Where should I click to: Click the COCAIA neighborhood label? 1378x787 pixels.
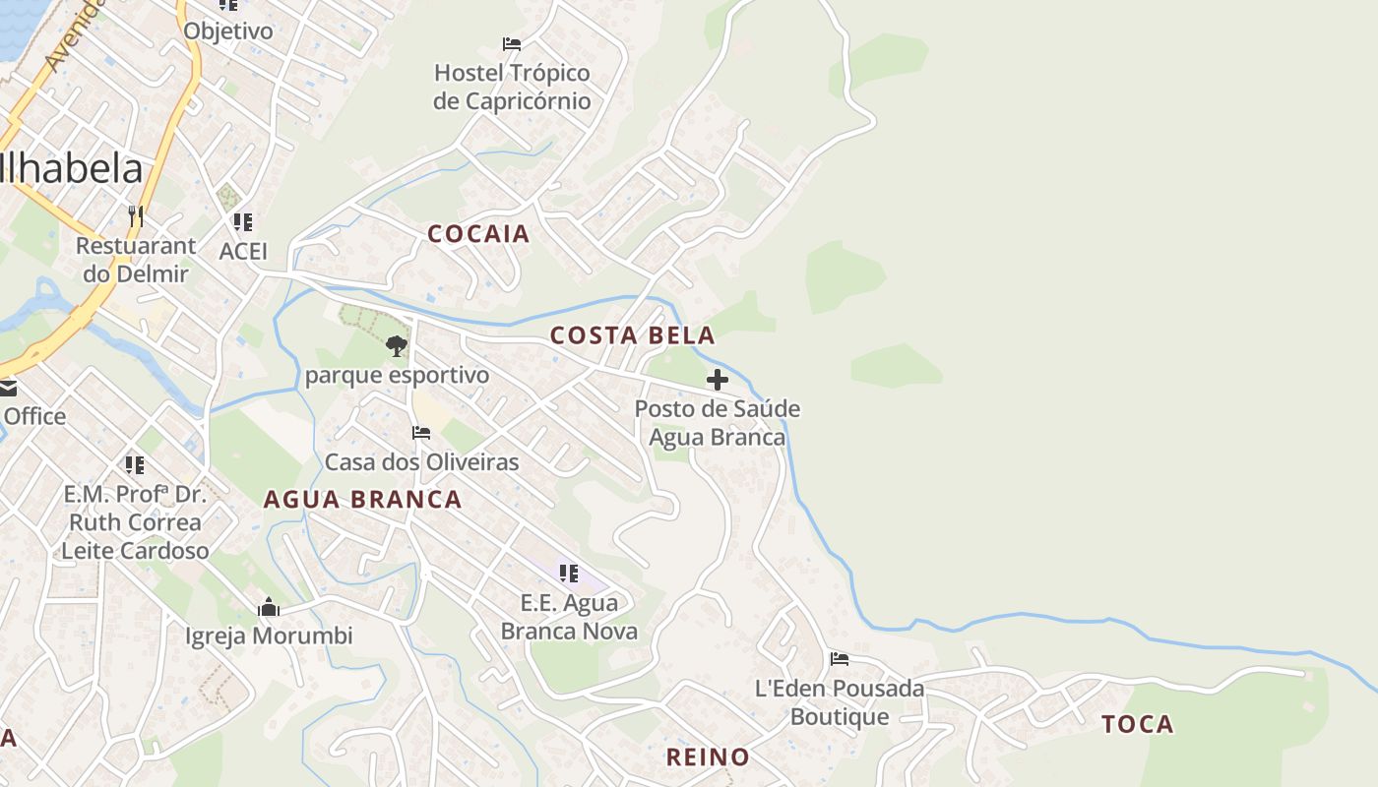click(478, 234)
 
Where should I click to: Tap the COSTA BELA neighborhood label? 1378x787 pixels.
click(632, 335)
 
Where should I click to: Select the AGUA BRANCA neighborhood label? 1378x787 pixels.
click(362, 500)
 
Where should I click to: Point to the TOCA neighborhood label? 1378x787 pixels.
click(1138, 725)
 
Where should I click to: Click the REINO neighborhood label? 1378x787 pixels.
click(708, 757)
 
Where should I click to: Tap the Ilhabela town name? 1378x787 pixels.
click(71, 169)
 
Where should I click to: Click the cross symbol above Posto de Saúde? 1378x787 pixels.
click(718, 379)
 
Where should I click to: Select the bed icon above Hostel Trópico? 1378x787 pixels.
click(512, 44)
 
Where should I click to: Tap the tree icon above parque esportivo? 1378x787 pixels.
click(397, 345)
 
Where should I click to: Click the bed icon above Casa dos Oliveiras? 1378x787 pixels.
click(421, 433)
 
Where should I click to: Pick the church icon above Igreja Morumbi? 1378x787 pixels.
click(269, 607)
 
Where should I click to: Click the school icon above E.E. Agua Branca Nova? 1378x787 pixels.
click(568, 573)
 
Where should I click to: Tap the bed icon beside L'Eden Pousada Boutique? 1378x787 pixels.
click(839, 659)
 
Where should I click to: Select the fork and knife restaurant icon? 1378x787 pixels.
click(136, 215)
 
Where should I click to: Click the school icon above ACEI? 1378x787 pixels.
click(243, 222)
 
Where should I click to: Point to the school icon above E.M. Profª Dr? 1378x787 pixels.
click(135, 464)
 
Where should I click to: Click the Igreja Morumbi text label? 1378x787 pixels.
click(269, 636)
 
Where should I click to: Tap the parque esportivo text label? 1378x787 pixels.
click(397, 376)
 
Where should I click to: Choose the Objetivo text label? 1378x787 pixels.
click(228, 31)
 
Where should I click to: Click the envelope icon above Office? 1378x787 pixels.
click(8, 389)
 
